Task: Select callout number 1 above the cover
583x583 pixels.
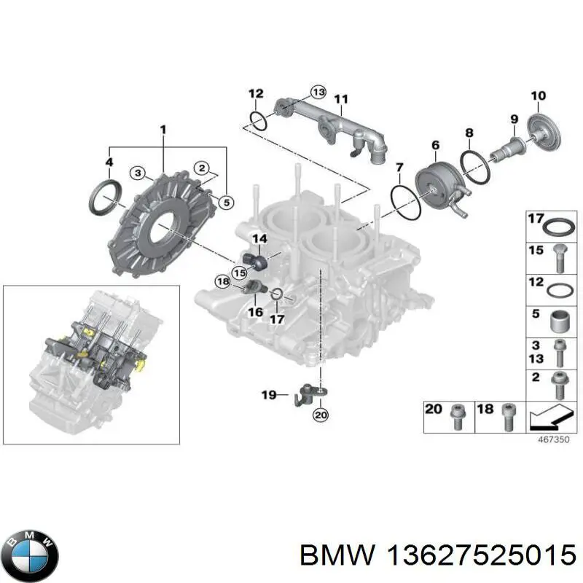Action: click(163, 130)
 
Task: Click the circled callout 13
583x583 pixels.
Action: click(318, 92)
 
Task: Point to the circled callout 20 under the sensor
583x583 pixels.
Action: click(320, 415)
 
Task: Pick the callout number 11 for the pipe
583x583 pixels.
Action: click(341, 98)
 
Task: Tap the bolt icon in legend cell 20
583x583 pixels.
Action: click(457, 417)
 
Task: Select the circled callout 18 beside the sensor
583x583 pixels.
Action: click(222, 281)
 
